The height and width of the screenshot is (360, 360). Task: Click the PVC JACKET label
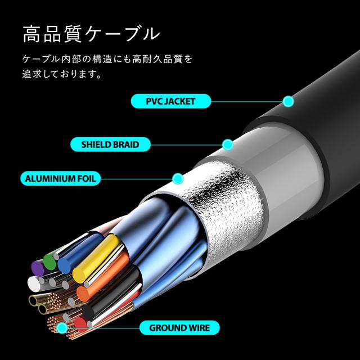tap(171, 101)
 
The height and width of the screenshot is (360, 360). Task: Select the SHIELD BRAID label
tap(110, 145)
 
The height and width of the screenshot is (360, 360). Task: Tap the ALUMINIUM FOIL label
tap(60, 178)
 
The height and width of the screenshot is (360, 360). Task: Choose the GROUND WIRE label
tap(179, 327)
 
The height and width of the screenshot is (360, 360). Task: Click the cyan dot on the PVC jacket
tap(289, 101)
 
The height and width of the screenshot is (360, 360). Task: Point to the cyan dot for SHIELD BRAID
tap(228, 145)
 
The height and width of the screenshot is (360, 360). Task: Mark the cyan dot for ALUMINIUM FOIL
tap(178, 179)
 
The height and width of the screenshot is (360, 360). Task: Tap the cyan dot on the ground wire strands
tap(62, 327)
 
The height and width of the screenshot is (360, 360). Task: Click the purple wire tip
tap(38, 268)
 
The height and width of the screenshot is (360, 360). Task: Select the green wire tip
tap(49, 262)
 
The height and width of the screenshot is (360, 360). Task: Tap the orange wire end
tap(83, 294)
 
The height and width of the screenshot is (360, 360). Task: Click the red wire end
tap(80, 323)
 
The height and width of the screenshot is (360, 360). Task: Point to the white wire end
tap(34, 283)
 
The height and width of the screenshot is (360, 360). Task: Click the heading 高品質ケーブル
tap(91, 34)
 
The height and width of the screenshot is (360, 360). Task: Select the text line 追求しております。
tap(61, 74)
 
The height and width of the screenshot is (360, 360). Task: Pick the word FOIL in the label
tap(87, 179)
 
